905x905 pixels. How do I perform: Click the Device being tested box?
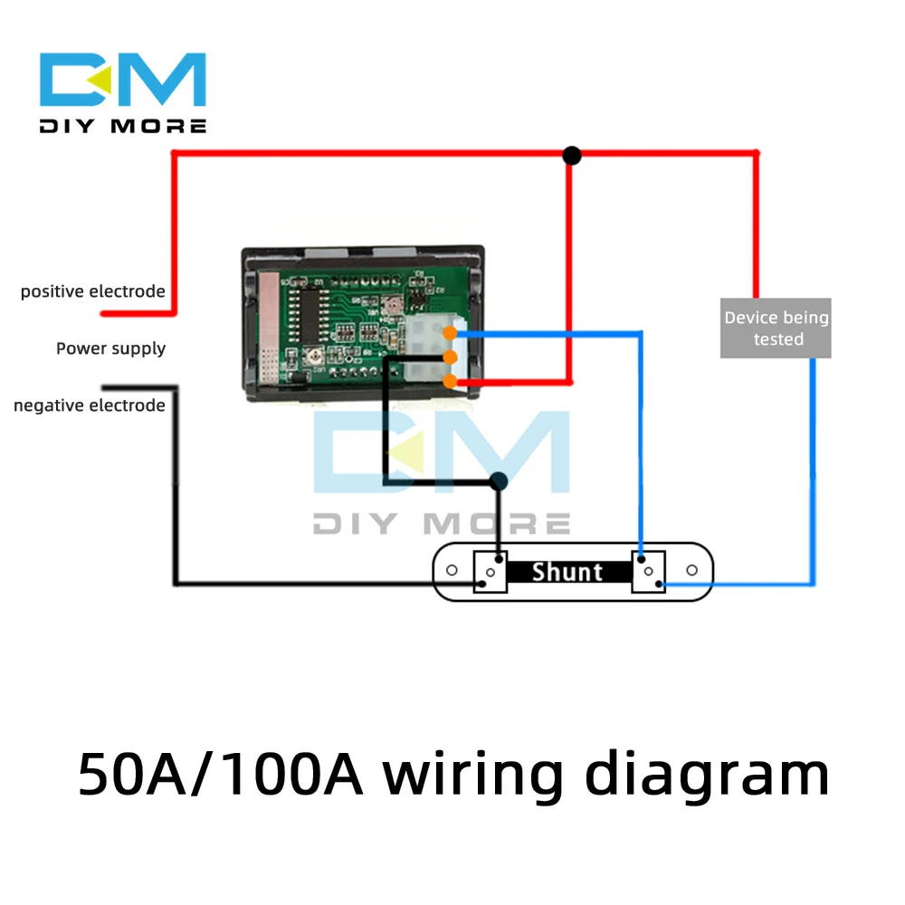(x=776, y=329)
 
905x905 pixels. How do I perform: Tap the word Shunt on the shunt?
(x=567, y=572)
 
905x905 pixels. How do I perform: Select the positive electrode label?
(x=93, y=291)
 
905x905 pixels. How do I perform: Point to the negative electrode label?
(x=90, y=405)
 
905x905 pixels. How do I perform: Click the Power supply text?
(x=110, y=348)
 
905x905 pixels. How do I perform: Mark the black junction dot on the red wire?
(x=571, y=156)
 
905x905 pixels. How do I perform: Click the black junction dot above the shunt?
(x=498, y=481)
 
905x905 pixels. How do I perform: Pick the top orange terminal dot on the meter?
(x=450, y=334)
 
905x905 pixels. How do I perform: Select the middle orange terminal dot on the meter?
(x=450, y=357)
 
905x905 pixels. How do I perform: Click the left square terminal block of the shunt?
(x=490, y=573)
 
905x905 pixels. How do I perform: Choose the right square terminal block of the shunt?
(x=648, y=573)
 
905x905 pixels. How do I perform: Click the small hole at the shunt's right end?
(x=692, y=570)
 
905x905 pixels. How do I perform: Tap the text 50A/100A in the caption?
(x=221, y=776)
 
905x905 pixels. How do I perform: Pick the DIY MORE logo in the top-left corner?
(x=123, y=93)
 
